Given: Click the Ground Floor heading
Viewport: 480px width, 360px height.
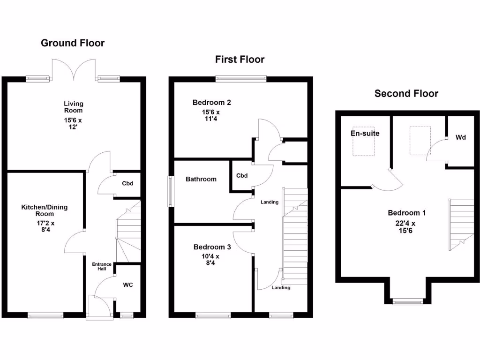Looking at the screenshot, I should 73,43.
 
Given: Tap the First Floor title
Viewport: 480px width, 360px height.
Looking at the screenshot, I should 240,60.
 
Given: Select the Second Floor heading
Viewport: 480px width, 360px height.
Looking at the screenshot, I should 406,94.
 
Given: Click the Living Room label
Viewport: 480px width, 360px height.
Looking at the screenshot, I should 73,107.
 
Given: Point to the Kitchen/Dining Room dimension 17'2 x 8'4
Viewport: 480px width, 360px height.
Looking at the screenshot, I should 45,227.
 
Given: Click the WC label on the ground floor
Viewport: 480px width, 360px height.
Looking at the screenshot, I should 128,285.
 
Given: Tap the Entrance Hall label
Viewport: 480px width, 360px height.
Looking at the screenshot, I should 102,267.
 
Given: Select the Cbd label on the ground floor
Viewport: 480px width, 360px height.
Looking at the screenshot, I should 127,183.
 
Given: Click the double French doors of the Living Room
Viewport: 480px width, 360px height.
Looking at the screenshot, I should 73,70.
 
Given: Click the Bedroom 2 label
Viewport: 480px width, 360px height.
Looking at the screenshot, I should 211,103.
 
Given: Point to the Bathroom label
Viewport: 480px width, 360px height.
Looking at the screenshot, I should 201,179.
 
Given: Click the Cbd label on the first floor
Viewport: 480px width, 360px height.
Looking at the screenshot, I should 241,176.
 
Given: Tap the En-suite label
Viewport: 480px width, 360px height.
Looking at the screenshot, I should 365,134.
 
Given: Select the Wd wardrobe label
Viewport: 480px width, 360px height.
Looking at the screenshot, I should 460,138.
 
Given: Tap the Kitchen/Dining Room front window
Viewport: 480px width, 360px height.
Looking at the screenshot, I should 45,316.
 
